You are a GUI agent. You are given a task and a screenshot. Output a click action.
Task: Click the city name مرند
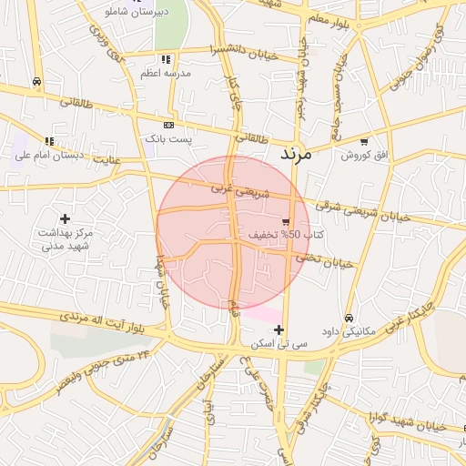click(x=296, y=154)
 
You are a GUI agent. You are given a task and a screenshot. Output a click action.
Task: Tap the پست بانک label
click(x=168, y=139)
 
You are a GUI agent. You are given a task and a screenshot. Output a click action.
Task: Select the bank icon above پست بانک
click(x=168, y=124)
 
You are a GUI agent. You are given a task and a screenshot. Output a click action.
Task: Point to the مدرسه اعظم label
click(x=163, y=73)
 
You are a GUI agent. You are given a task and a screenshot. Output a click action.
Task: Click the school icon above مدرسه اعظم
click(x=164, y=58)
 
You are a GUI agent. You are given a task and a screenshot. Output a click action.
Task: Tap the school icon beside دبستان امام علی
click(x=48, y=141)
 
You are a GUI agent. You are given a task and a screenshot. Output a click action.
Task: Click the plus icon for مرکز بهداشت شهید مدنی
click(x=65, y=218)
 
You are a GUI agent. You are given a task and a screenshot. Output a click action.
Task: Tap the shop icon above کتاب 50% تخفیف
click(x=287, y=221)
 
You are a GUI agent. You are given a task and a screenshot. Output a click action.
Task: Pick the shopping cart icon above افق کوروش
click(x=364, y=141)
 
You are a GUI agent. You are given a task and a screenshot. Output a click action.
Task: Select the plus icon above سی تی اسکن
click(x=279, y=329)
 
